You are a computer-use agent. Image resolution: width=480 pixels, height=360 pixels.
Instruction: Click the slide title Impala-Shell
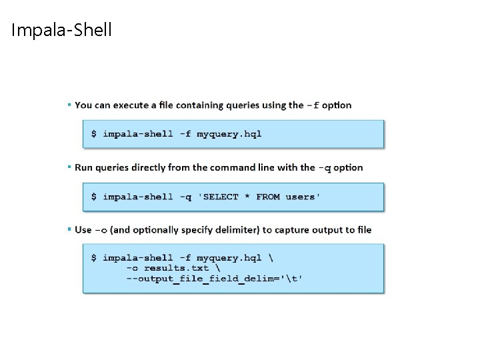[61, 30]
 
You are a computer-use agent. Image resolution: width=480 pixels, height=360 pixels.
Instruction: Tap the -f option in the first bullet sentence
[313, 105]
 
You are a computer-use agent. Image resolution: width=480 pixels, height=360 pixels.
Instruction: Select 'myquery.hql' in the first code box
[230, 133]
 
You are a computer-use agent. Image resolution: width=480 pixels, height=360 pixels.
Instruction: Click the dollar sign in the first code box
[94, 133]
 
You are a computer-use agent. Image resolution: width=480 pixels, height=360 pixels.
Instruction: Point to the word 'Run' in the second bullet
[83, 167]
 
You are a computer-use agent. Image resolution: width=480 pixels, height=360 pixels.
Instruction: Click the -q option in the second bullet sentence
[323, 167]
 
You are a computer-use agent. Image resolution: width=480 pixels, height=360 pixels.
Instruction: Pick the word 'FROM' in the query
[268, 197]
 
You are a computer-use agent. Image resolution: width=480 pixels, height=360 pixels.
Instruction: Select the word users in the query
[302, 197]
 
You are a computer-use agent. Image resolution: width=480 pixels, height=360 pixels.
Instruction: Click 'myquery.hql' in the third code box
[230, 257]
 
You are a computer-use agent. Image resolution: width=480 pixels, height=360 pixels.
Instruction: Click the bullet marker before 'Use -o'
[69, 229]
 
